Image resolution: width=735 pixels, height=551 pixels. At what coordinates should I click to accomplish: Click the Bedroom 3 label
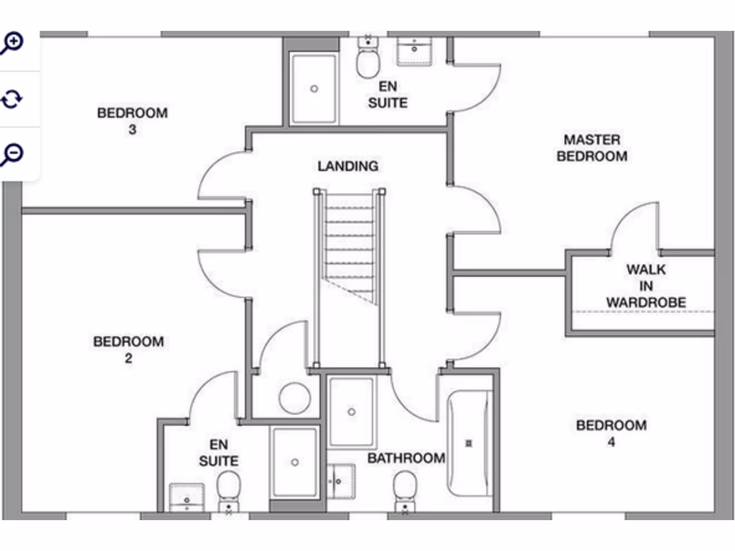[132, 121]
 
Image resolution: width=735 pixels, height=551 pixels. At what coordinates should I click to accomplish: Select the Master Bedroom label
[592, 148]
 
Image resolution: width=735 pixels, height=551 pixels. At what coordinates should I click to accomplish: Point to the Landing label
[348, 166]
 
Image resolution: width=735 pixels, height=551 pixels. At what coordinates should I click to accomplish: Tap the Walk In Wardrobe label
[646, 286]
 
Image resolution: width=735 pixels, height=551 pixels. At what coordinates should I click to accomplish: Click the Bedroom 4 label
[612, 433]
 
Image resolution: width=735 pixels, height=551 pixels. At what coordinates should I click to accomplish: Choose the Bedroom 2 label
[128, 349]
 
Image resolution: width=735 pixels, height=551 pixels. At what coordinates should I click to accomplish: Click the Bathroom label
[406, 458]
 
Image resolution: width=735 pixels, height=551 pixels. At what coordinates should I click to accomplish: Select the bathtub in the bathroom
[469, 443]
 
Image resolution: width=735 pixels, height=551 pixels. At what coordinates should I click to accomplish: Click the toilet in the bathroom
[405, 492]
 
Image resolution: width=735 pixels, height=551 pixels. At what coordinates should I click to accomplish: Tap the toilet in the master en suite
[368, 57]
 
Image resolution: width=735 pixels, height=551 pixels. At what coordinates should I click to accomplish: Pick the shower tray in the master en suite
[314, 88]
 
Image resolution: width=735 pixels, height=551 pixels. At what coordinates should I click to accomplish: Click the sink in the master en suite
[414, 51]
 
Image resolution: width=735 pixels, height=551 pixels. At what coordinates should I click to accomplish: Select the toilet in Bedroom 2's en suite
[229, 492]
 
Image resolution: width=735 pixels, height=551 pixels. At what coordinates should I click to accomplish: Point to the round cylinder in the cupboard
[295, 398]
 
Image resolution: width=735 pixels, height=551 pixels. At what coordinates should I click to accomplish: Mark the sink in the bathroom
[341, 481]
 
